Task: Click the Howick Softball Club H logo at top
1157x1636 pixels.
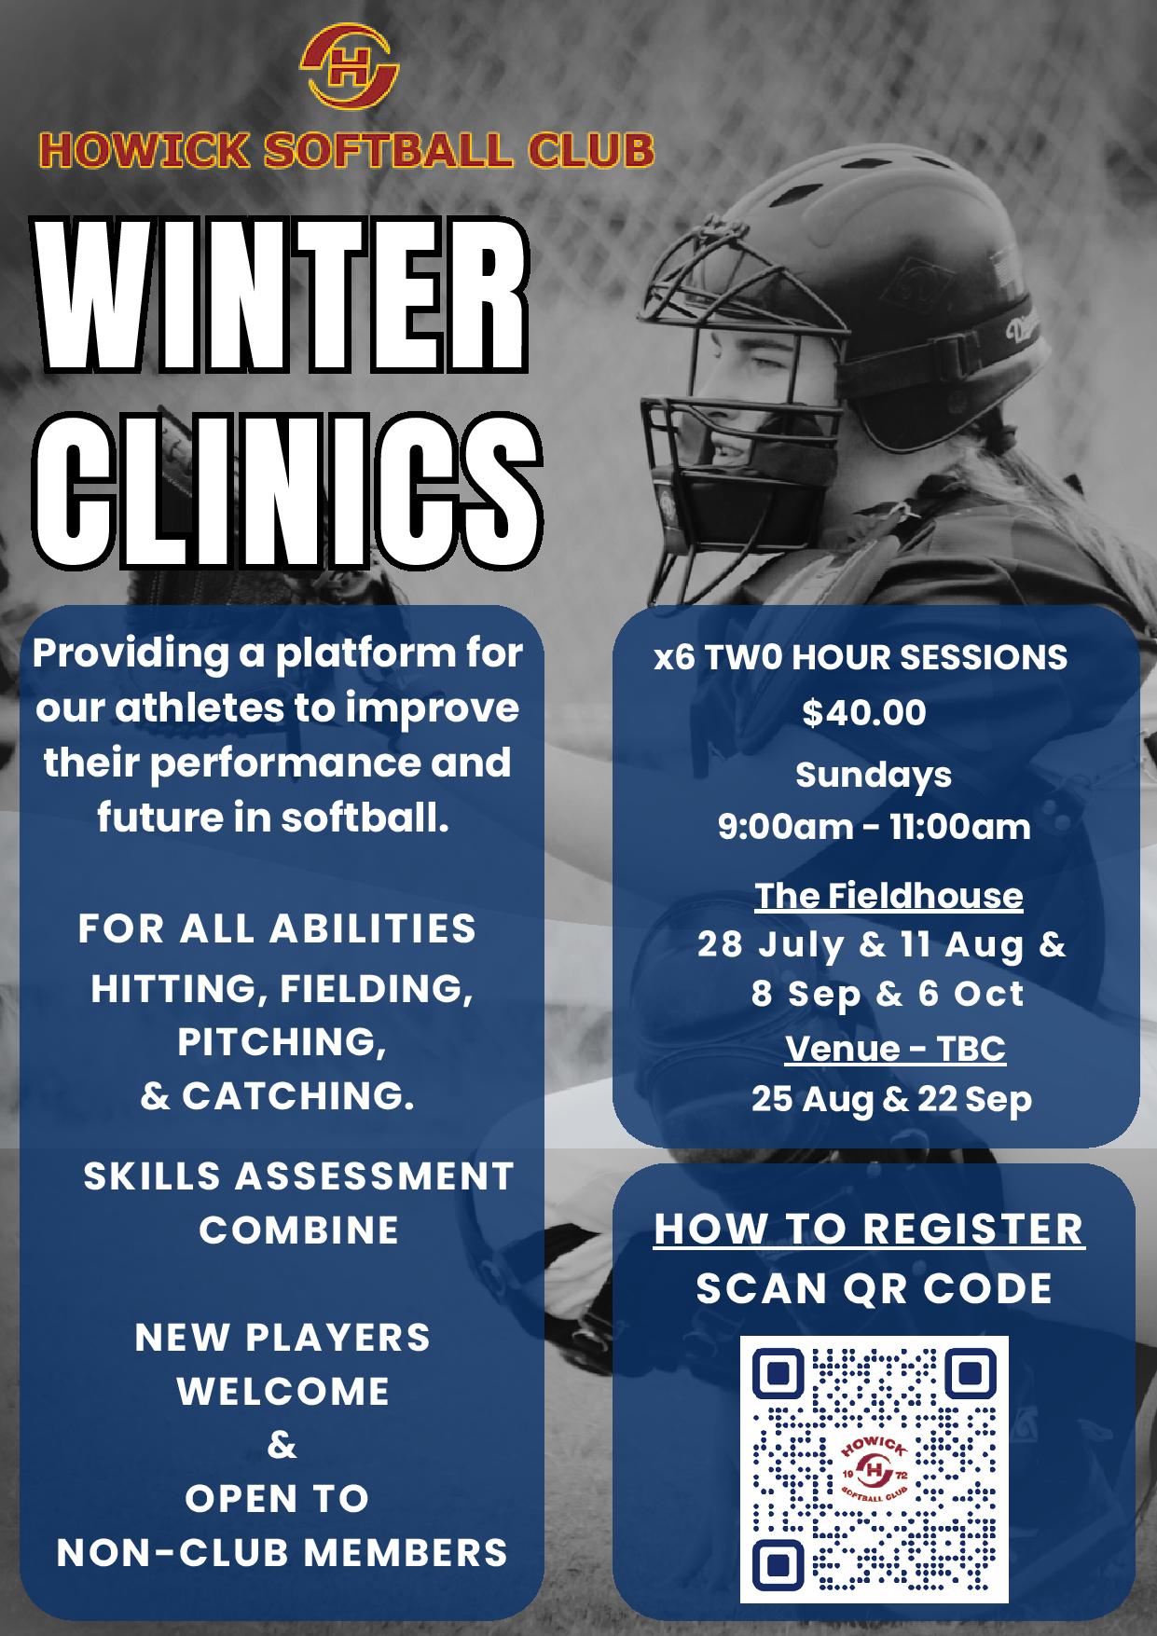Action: [350, 67]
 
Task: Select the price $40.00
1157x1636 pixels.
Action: [864, 712]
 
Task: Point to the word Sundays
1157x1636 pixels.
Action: [874, 776]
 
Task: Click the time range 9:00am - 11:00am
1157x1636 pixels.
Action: [874, 827]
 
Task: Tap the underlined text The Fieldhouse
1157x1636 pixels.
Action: [888, 896]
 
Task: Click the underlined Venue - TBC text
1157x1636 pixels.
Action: [895, 1049]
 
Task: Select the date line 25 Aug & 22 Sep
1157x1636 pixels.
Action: [891, 1099]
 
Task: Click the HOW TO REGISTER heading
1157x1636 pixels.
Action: [870, 1229]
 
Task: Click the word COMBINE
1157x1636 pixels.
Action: [298, 1230]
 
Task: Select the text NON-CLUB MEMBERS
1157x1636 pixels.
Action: [282, 1552]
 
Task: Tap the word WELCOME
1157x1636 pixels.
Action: [283, 1391]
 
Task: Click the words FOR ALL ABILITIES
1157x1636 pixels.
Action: [277, 928]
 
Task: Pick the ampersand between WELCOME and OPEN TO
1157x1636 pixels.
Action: [282, 1445]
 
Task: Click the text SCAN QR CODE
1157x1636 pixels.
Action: [874, 1288]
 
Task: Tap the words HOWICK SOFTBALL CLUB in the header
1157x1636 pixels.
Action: [346, 151]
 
